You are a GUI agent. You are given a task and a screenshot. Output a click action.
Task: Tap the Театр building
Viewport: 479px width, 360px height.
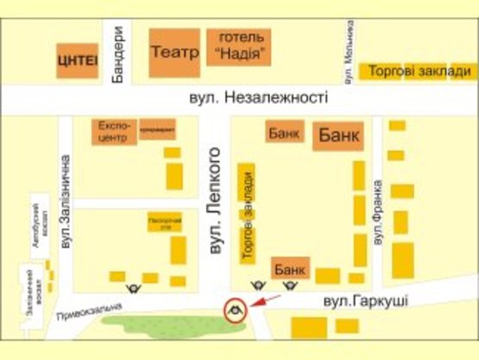point(175,53)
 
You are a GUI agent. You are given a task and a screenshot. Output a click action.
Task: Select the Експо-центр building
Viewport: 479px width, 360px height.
point(115,131)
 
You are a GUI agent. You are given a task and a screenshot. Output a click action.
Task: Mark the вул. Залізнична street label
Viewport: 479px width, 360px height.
point(65,189)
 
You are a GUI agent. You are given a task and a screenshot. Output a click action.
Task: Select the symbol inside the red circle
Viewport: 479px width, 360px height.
point(234,308)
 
